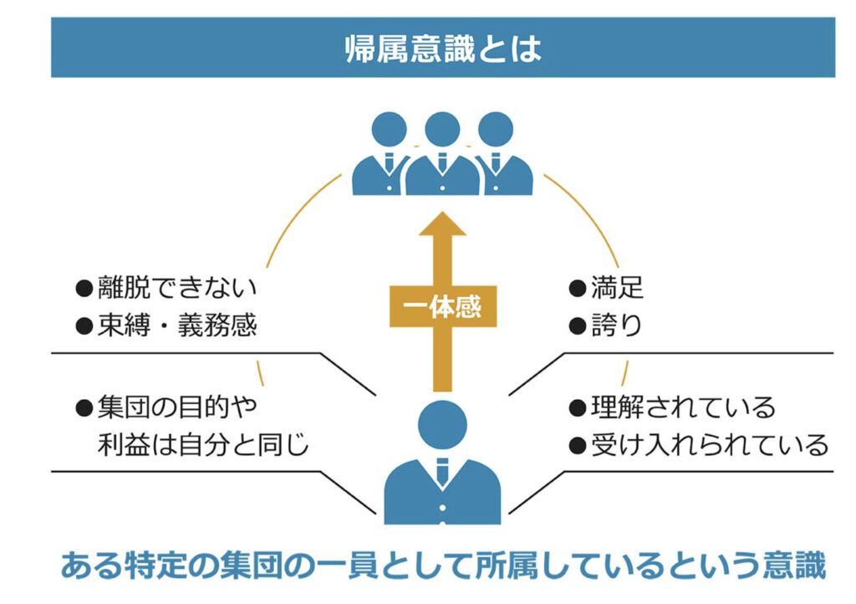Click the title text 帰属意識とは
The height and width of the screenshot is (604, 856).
[x=442, y=49]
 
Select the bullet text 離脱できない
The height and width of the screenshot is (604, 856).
[x=175, y=289]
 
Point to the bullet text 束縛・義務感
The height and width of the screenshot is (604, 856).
[x=175, y=325]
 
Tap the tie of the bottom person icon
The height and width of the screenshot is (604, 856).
[x=442, y=473]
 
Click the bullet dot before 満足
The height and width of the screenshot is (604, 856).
[x=576, y=289]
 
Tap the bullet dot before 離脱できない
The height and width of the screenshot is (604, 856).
[x=83, y=289]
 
